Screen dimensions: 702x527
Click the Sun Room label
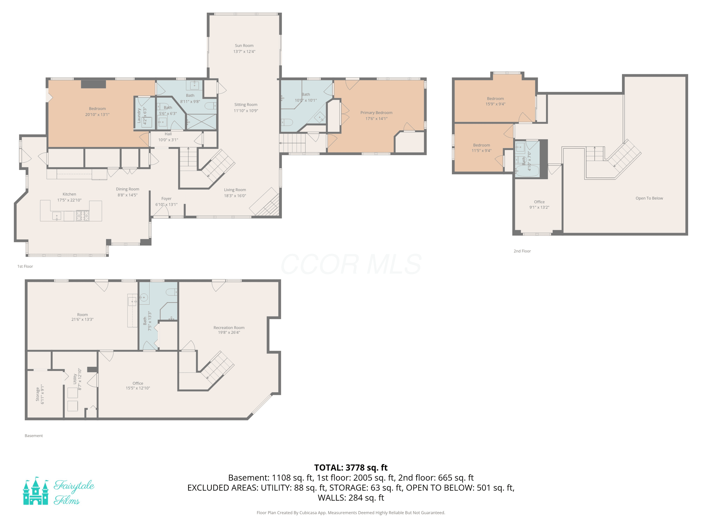244,45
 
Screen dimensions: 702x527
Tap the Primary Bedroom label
376,112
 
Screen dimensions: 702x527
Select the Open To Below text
649,198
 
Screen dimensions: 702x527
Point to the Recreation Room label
229,327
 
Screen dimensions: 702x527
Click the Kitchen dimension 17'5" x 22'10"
69,200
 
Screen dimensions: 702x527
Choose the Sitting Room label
246,104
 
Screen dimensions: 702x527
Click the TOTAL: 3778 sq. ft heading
351,468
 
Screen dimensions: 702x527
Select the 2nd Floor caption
522,251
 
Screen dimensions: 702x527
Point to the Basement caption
34,435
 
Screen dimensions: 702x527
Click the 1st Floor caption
25,266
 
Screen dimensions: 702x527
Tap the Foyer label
166,199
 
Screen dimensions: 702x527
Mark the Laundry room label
139,116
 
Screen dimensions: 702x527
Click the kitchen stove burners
83,216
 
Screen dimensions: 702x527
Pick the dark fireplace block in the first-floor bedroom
93,84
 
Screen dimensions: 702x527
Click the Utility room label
75,379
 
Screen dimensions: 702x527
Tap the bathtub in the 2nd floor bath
527,171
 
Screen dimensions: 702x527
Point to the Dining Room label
128,189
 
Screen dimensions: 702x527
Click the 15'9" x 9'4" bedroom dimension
495,104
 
